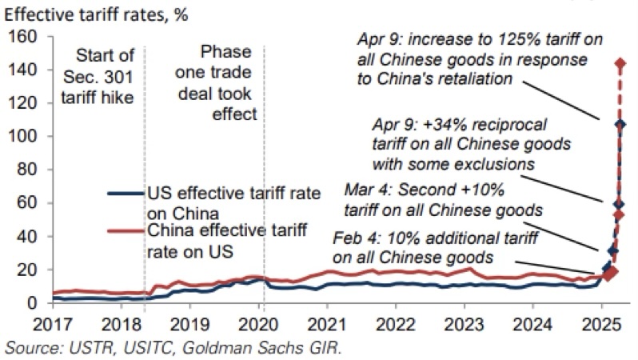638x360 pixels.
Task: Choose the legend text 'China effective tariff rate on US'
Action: tap(209, 242)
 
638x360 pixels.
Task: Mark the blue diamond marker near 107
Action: tap(620, 125)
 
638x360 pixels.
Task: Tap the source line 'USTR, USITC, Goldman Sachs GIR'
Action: tap(172, 348)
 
